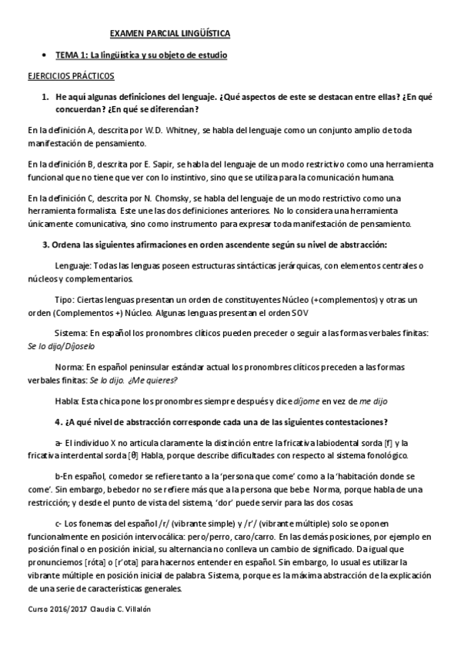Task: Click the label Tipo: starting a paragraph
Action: [65, 300]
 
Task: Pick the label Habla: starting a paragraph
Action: [68, 401]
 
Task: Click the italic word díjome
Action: [306, 401]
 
